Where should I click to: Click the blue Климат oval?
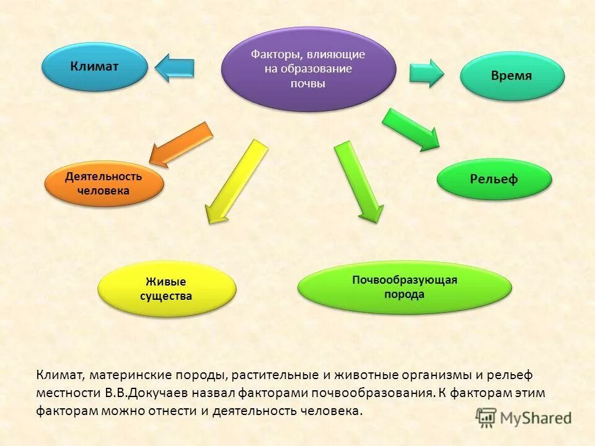tap(95, 66)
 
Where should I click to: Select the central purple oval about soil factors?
tap(308, 69)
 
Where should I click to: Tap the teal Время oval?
tap(512, 76)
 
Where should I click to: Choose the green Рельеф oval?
tap(494, 180)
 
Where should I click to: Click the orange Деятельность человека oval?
tap(104, 184)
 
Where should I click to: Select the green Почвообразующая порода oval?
tap(405, 287)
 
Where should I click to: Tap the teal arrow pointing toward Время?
tap(426, 72)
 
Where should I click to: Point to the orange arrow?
tap(181, 144)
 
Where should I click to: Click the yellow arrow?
tap(236, 180)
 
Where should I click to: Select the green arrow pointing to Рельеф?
tap(410, 129)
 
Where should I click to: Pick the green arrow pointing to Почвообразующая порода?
tap(359, 181)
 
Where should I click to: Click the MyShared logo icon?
tap(487, 417)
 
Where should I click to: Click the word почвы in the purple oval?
tap(308, 83)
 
